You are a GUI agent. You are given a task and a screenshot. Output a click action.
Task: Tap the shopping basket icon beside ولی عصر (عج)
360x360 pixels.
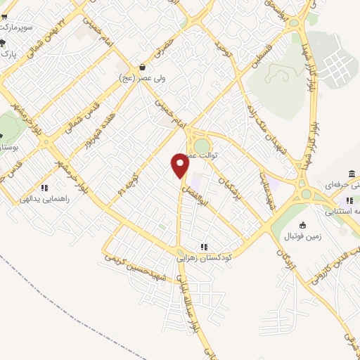click(143, 67)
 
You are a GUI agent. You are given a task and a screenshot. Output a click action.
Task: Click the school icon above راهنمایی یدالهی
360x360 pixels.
click(44, 188)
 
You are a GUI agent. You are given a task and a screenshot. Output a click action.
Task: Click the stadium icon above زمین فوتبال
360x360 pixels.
click(303, 225)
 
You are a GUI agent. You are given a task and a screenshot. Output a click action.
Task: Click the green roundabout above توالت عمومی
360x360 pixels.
click(202, 144)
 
